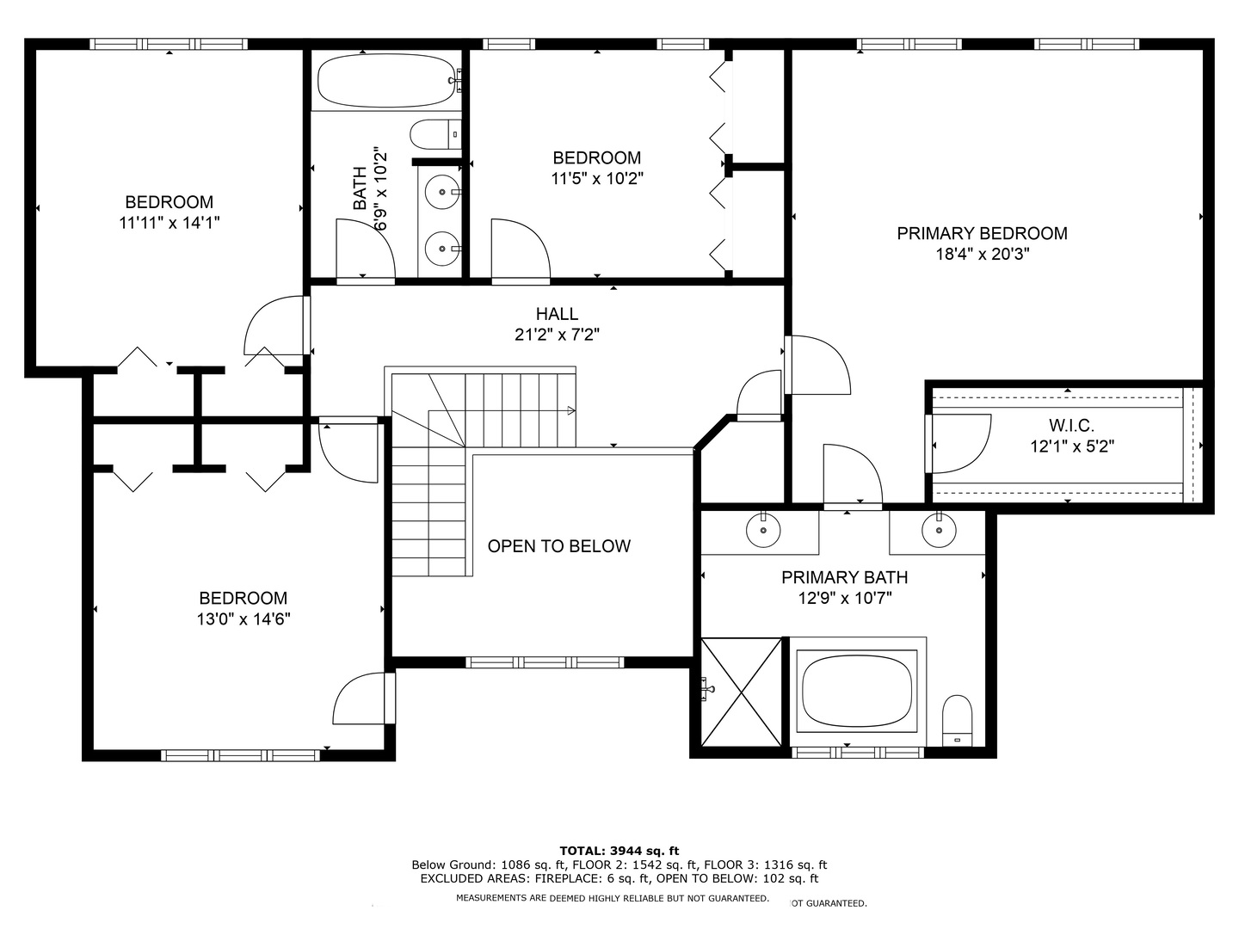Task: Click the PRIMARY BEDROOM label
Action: tap(982, 233)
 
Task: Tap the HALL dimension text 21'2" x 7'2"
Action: tap(557, 335)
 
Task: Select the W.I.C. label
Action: tap(1071, 425)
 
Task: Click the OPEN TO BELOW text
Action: tap(558, 546)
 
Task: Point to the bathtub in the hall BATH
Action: tap(386, 80)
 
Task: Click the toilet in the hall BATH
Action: tap(435, 134)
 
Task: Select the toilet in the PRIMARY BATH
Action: tap(958, 720)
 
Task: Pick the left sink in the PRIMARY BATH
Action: tap(763, 530)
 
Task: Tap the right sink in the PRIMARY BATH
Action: tap(940, 530)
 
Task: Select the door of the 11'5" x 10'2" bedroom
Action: tap(521, 249)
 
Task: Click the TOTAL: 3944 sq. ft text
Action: tap(619, 851)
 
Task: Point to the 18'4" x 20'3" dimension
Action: tap(983, 255)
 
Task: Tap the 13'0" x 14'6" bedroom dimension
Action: tap(243, 619)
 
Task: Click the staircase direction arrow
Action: tap(571, 410)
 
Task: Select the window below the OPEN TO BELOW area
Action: tap(545, 662)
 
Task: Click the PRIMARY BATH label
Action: tap(844, 577)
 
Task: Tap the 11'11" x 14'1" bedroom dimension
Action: tap(169, 223)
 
